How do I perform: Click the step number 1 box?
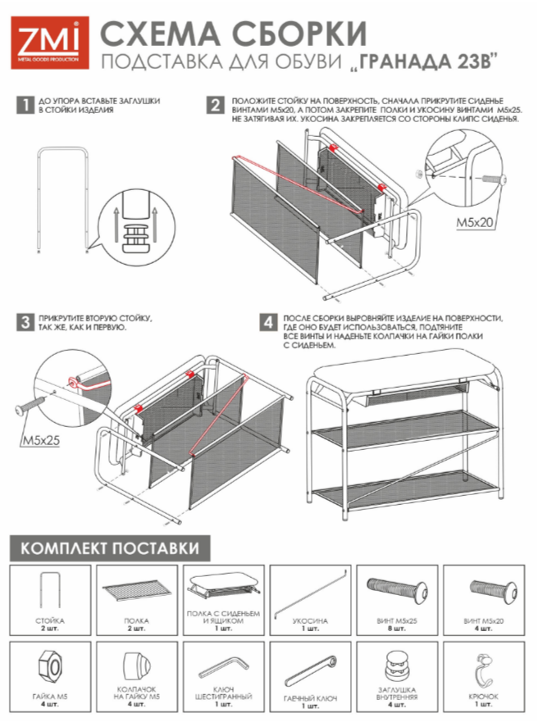coord(27,105)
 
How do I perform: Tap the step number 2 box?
coord(215,105)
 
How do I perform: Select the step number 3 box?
coord(27,322)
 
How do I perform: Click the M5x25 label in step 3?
coord(39,440)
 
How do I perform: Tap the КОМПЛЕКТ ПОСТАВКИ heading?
coord(110,548)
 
